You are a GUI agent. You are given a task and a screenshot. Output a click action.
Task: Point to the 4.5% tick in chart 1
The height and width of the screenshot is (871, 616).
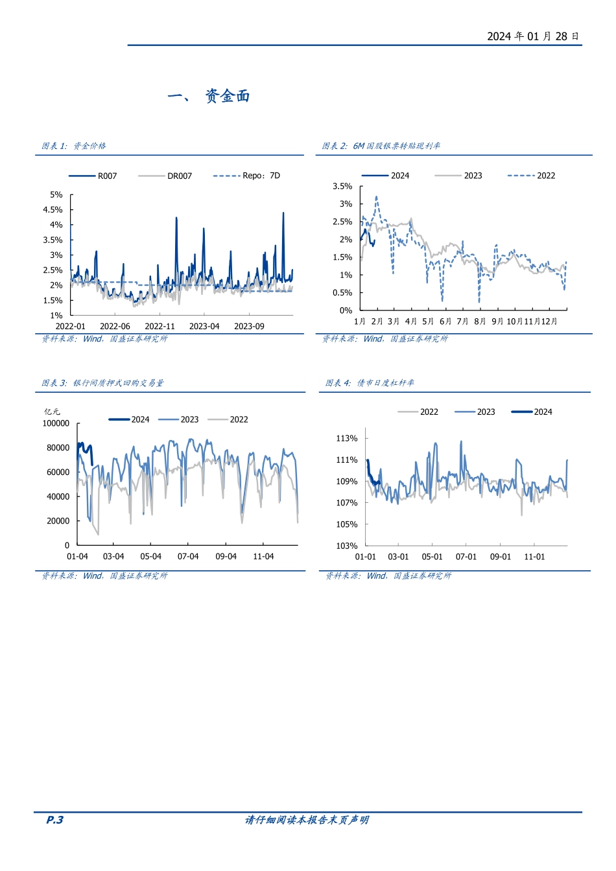pos(53,210)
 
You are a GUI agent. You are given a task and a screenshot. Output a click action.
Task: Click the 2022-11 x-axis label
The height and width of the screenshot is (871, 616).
pos(160,327)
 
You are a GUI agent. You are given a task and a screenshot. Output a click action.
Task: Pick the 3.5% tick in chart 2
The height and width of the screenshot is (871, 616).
pos(342,187)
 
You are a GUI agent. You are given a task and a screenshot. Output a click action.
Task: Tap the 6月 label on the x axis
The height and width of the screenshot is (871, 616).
pos(445,321)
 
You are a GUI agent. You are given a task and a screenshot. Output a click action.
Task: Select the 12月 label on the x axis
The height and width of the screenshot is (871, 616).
pos(549,321)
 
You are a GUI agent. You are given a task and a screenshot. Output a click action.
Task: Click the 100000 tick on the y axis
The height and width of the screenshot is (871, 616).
pos(56,424)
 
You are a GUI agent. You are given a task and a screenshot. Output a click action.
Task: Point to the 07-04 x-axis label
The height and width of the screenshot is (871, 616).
pos(188,557)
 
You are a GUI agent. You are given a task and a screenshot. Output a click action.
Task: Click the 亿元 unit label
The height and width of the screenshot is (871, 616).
pos(52,412)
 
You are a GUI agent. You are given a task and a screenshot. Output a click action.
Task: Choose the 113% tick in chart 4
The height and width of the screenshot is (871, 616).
pos(347,439)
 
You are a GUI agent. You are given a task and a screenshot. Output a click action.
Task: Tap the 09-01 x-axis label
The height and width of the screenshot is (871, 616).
pos(500,557)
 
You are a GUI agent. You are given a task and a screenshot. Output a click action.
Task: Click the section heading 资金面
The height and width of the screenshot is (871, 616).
pos(227,97)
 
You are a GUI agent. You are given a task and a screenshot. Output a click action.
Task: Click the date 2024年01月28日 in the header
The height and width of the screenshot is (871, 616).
pos(533,36)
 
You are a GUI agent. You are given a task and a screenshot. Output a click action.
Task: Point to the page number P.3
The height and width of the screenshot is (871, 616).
pos(55,820)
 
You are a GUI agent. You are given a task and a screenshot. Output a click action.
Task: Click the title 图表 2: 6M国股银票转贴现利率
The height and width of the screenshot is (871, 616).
pos(381,146)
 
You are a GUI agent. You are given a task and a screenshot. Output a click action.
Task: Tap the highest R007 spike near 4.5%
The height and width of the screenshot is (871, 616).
pos(283,213)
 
